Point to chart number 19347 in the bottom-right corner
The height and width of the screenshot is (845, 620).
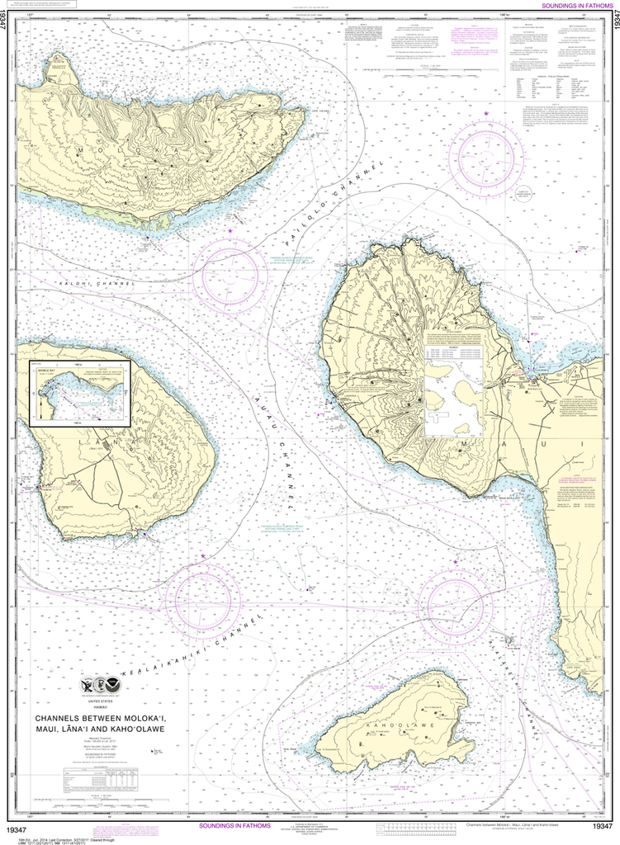coord(603,827)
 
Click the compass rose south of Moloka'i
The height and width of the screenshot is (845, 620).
coord(230,275)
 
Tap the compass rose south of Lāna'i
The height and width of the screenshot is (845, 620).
coord(203,600)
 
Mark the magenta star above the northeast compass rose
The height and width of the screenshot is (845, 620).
coord(486,112)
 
